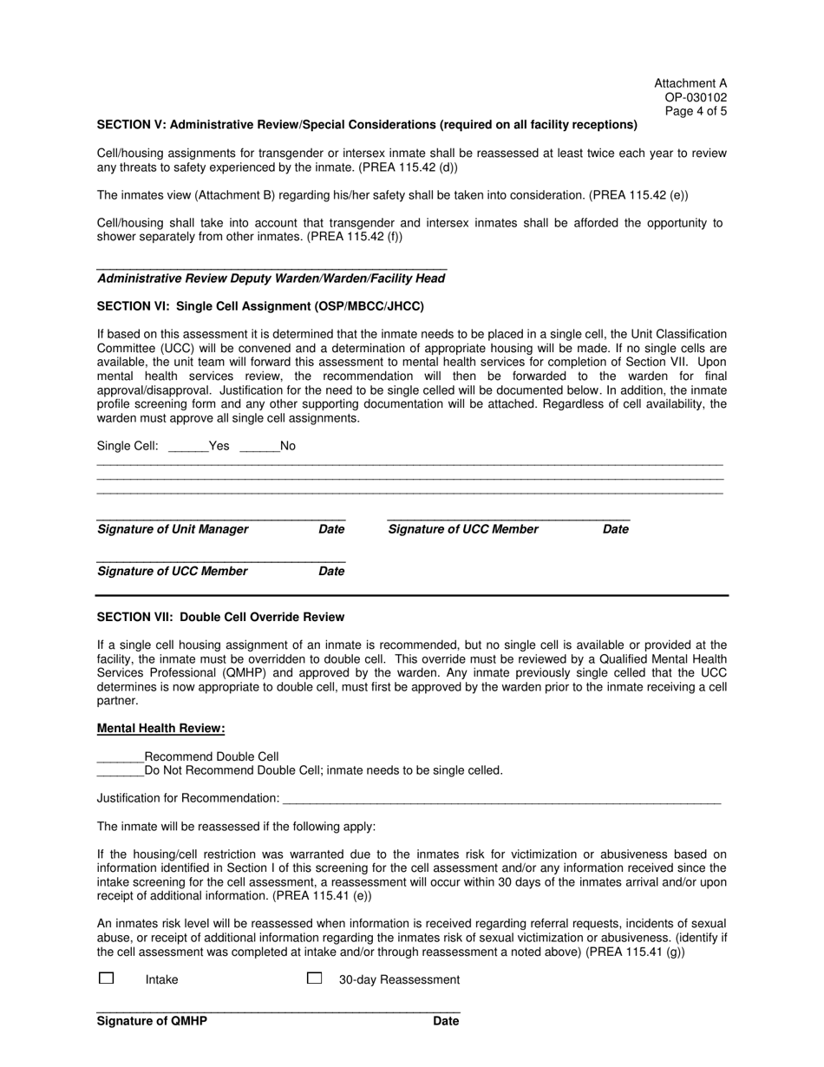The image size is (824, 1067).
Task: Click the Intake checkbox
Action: coord(106,978)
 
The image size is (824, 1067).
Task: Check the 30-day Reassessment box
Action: coord(315,978)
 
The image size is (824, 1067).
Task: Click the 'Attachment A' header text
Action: coord(690,84)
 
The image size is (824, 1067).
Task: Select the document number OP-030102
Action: coord(696,98)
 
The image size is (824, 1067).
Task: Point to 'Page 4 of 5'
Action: coord(696,112)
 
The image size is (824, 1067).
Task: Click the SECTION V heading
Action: coord(367,125)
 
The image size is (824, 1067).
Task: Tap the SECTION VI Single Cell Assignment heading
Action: coord(260,306)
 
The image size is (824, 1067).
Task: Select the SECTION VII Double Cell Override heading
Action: coord(220,617)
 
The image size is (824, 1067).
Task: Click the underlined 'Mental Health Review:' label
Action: coord(160,729)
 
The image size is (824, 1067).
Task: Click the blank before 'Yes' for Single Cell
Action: coord(187,447)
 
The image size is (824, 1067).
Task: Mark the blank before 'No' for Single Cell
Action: coord(258,447)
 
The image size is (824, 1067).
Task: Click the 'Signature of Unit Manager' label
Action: coord(173,529)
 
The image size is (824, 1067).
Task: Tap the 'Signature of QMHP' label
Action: coord(152,1021)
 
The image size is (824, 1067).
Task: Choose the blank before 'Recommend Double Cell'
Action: coord(120,756)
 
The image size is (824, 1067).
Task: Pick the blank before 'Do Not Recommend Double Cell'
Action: coord(120,770)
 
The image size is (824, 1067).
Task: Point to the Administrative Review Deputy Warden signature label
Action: coord(271,278)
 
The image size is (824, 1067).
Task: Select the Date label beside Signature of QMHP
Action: coord(446,1021)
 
